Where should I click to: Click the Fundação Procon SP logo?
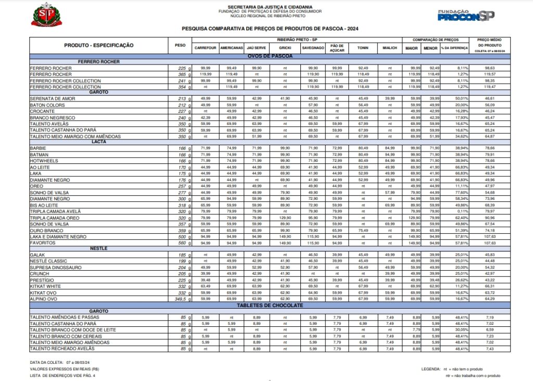click(466, 16)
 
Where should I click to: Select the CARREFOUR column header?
click(205, 48)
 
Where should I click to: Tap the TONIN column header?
click(363, 48)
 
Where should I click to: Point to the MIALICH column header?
click(390, 48)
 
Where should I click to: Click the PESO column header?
click(180, 45)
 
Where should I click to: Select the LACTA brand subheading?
click(99, 142)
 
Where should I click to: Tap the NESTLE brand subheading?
click(99, 248)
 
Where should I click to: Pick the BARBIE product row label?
click(39, 148)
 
